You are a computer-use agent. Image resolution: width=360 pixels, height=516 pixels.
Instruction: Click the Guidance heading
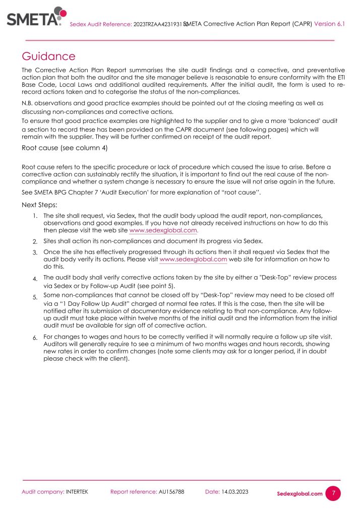coord(48,56)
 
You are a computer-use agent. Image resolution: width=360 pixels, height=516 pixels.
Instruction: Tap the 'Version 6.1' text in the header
coord(330,23)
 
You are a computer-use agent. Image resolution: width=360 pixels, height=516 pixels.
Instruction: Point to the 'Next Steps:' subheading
coord(39,205)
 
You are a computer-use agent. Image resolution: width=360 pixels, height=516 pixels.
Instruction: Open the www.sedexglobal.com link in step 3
coord(194,259)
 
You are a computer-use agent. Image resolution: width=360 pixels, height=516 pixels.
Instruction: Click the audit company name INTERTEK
coord(77,492)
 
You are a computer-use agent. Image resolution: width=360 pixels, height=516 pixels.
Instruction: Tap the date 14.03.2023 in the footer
coord(234,491)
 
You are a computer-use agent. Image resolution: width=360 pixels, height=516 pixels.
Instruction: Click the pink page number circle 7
coord(333,493)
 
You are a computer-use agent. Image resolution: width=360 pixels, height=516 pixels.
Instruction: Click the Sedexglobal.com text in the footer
coord(299,494)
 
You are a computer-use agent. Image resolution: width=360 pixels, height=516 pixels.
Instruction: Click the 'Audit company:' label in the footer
coord(43,492)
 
